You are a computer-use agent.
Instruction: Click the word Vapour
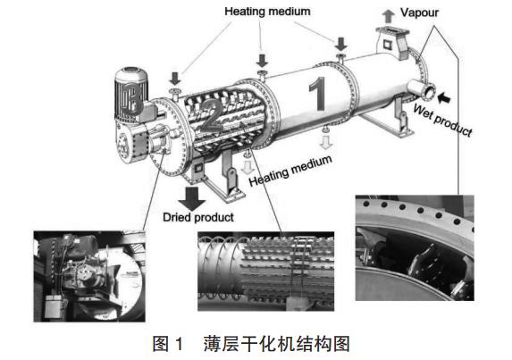pyautogui.click(x=419, y=13)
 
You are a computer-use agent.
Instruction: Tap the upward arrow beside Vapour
pyautogui.click(x=389, y=16)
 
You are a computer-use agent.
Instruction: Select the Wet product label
pyautogui.click(x=443, y=120)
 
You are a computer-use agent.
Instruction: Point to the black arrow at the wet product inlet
pyautogui.click(x=443, y=97)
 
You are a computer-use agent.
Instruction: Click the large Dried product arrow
pyautogui.click(x=192, y=198)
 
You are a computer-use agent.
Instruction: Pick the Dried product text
pyautogui.click(x=198, y=217)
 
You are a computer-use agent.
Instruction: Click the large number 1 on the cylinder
pyautogui.click(x=318, y=94)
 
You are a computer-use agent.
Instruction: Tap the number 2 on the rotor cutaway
pyautogui.click(x=212, y=116)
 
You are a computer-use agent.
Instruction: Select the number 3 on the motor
pyautogui.click(x=131, y=97)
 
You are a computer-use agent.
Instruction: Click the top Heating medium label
pyautogui.click(x=267, y=12)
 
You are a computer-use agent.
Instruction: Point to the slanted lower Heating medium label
pyautogui.click(x=290, y=171)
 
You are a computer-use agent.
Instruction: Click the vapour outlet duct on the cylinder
pyautogui.click(x=391, y=42)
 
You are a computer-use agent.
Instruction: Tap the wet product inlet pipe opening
pyautogui.click(x=428, y=92)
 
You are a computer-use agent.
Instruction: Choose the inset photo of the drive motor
pyautogui.click(x=89, y=276)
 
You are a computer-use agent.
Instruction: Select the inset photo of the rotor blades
pyautogui.click(x=265, y=271)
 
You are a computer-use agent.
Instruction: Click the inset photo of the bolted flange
pyautogui.click(x=415, y=247)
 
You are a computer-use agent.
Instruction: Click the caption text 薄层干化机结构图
pyautogui.click(x=277, y=344)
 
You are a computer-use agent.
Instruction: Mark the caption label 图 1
pyautogui.click(x=167, y=344)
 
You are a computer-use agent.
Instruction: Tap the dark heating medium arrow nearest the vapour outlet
pyautogui.click(x=341, y=44)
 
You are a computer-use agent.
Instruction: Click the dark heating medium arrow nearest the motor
pyautogui.click(x=175, y=79)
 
